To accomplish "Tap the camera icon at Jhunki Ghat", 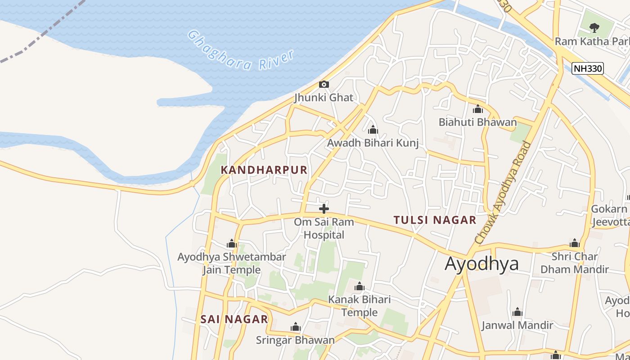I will tap(324, 84).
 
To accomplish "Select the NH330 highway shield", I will tap(587, 68).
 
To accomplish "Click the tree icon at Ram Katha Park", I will tap(594, 27).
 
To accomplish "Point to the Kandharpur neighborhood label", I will tap(264, 170).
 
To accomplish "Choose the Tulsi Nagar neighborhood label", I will tap(435, 220).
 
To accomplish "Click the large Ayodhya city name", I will tap(481, 264).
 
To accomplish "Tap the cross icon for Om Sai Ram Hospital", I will tap(324, 209).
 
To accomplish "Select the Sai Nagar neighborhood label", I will tap(234, 319).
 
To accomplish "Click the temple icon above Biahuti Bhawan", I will tap(477, 109).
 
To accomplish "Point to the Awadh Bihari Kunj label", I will tap(373, 143).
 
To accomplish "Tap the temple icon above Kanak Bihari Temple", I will tap(359, 286).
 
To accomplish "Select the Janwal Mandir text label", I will tap(517, 325).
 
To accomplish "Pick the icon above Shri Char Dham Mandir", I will tap(574, 243).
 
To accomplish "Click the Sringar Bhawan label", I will tap(295, 340).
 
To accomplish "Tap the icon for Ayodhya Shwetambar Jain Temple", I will tap(232, 244).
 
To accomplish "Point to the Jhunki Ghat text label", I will tap(324, 98).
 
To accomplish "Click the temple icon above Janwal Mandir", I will tap(517, 312).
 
